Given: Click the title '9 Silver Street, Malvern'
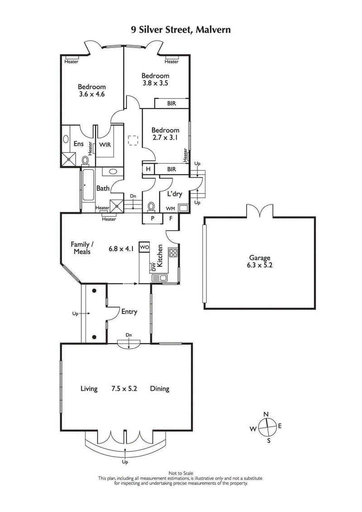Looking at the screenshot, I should pos(181,30).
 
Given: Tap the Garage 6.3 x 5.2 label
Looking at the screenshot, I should pos(259,262).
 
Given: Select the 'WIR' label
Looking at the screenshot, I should pos(105,145).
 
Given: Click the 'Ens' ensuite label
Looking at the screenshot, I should pos(78,144).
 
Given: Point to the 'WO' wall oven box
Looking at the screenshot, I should pos(144,247).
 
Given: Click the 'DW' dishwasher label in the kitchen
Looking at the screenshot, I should pos(153,268).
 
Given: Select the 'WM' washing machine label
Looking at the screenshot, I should pos(170,209).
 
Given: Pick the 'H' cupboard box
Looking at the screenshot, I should pos(148,169).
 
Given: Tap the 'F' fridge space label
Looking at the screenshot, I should pos(171,218).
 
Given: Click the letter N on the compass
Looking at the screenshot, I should pos(267,414).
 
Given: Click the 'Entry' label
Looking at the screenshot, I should pos(129,312).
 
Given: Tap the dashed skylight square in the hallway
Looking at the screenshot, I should pos(133,141).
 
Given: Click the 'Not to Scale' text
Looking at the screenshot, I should pos(181,473).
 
